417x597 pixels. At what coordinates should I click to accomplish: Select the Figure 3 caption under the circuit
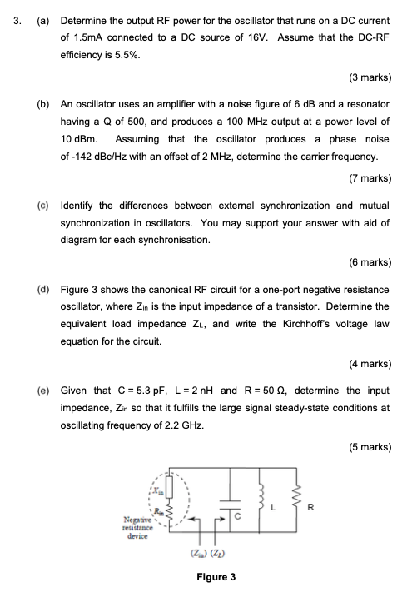click(x=216, y=576)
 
